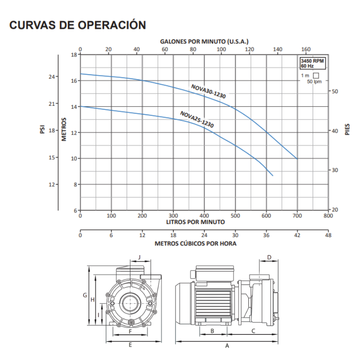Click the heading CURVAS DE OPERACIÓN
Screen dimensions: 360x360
coord(77,25)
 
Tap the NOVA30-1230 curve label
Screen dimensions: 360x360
coord(208,91)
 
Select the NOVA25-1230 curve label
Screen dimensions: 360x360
coord(197,119)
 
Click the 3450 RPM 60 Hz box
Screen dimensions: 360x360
coord(312,63)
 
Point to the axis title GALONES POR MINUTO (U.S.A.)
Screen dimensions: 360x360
coord(204,41)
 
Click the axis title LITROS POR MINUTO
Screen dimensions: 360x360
coord(195,222)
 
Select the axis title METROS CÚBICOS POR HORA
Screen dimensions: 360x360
coord(195,243)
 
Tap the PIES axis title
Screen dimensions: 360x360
coord(347,130)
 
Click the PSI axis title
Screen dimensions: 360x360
coord(42,129)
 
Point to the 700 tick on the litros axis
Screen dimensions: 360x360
coord(297,216)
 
